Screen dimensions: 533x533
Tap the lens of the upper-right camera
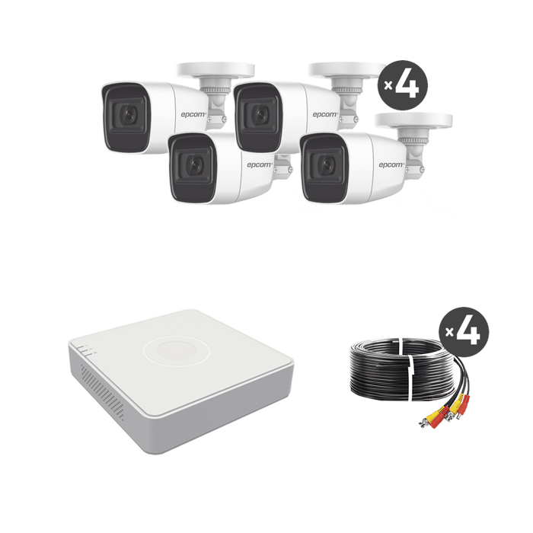click(x=257, y=114)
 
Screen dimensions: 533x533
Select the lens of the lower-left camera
click(x=192, y=164)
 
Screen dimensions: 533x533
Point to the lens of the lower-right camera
click(x=323, y=164)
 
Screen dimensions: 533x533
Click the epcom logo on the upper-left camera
click(x=194, y=114)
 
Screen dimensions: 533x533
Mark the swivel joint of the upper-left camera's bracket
click(x=218, y=102)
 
